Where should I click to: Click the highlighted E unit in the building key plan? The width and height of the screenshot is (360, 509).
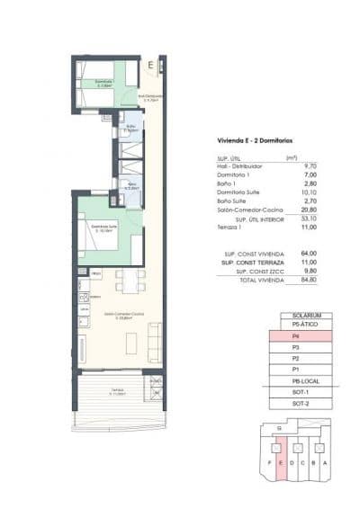click(x=283, y=463)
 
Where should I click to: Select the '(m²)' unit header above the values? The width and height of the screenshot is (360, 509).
click(x=291, y=157)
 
